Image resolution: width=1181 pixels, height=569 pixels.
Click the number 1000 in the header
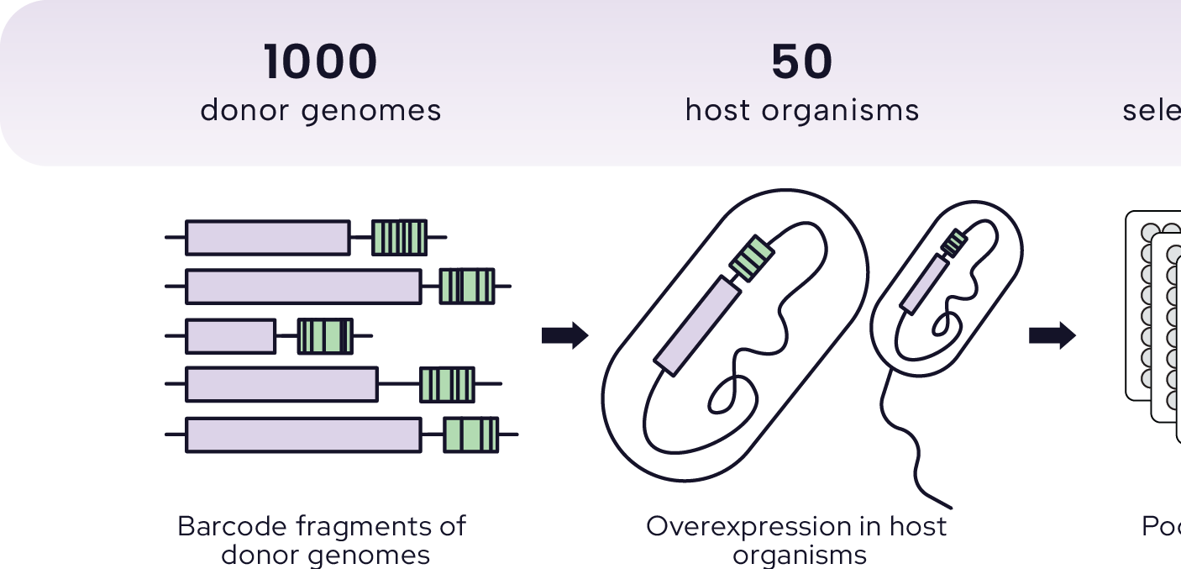[320, 63]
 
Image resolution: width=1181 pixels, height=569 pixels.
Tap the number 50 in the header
[801, 63]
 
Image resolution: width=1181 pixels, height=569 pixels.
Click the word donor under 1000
[244, 110]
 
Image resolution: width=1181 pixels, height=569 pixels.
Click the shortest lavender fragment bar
[230, 336]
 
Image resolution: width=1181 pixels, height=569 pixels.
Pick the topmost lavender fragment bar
[267, 238]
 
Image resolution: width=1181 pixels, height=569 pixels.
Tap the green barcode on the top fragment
[400, 238]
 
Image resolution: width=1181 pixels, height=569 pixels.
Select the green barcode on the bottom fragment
[470, 435]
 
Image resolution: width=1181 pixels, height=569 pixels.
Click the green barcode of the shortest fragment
[325, 336]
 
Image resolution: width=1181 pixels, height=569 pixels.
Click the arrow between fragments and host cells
[564, 336]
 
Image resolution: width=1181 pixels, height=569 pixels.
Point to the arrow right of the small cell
[1052, 336]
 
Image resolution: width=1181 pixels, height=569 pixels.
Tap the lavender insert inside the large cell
[696, 325]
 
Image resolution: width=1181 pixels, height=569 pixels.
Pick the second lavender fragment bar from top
[303, 287]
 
